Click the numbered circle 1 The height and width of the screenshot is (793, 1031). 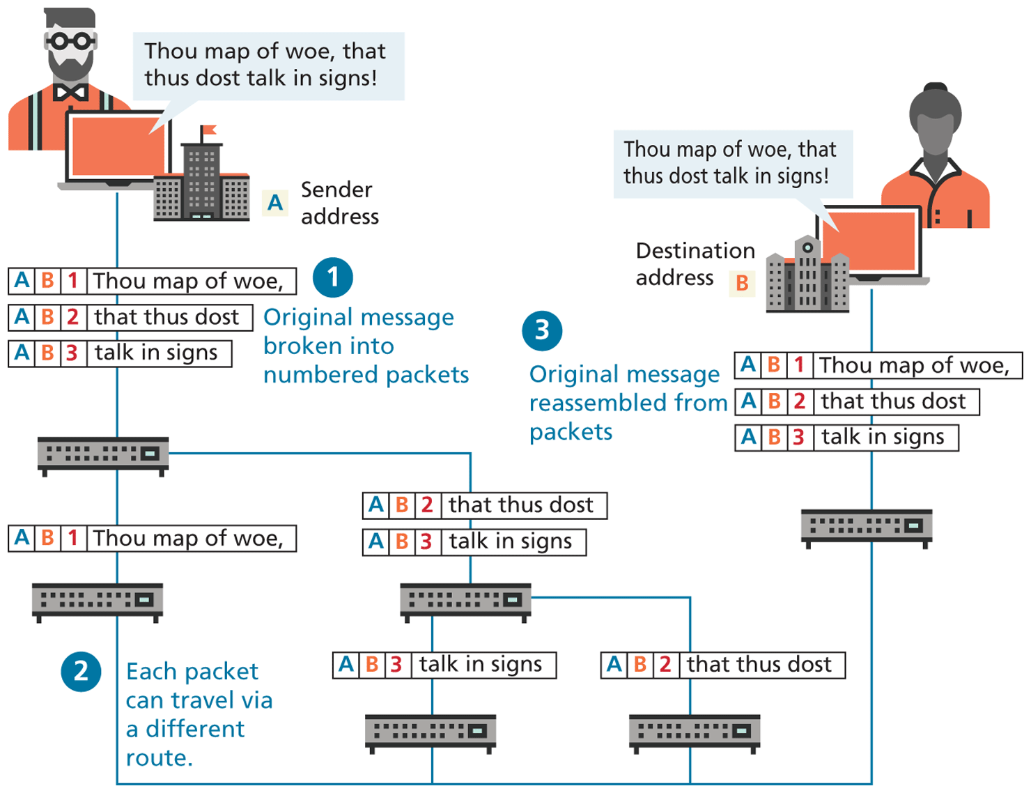(332, 277)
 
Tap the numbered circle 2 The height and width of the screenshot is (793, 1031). (81, 671)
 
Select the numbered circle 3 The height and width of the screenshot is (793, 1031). (542, 330)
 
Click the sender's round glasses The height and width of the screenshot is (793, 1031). (70, 40)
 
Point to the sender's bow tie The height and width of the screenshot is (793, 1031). (70, 92)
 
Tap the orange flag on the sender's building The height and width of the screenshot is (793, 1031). (209, 130)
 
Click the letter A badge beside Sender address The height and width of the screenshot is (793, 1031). (275, 203)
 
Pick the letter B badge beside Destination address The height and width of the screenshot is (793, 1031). (742, 284)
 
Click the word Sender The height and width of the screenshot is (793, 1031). (336, 190)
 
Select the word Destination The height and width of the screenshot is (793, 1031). (695, 251)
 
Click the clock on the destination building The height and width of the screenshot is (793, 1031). (807, 248)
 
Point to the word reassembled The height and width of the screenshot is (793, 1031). (628, 403)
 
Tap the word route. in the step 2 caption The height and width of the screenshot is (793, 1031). (159, 757)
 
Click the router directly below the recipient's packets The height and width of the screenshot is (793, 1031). (867, 527)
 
